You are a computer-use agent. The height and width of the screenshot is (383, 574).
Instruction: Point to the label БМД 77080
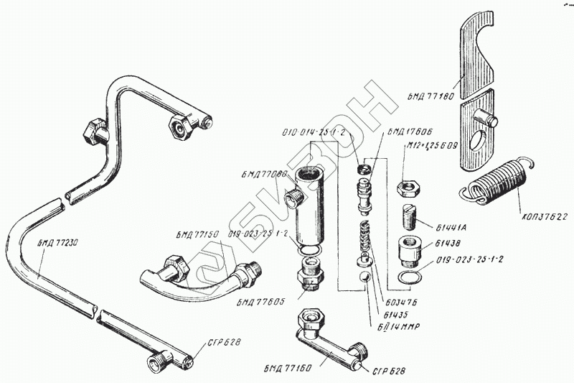click(266, 173)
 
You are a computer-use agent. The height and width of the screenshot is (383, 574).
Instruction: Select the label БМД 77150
click(197, 235)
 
